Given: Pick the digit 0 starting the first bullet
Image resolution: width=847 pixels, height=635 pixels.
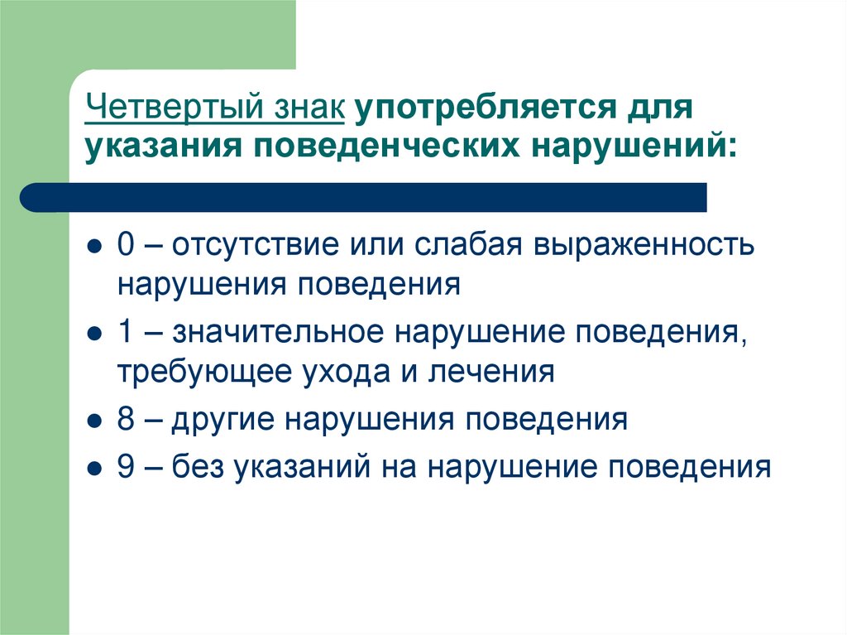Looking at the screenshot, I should point(125,246).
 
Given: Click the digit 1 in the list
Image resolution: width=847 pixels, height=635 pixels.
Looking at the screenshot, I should point(125,333).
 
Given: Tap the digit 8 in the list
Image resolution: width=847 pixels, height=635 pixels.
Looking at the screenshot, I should point(125,420).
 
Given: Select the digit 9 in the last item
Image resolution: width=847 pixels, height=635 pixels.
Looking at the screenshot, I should point(125,467).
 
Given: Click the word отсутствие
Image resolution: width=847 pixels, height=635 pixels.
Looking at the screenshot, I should point(248,246).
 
